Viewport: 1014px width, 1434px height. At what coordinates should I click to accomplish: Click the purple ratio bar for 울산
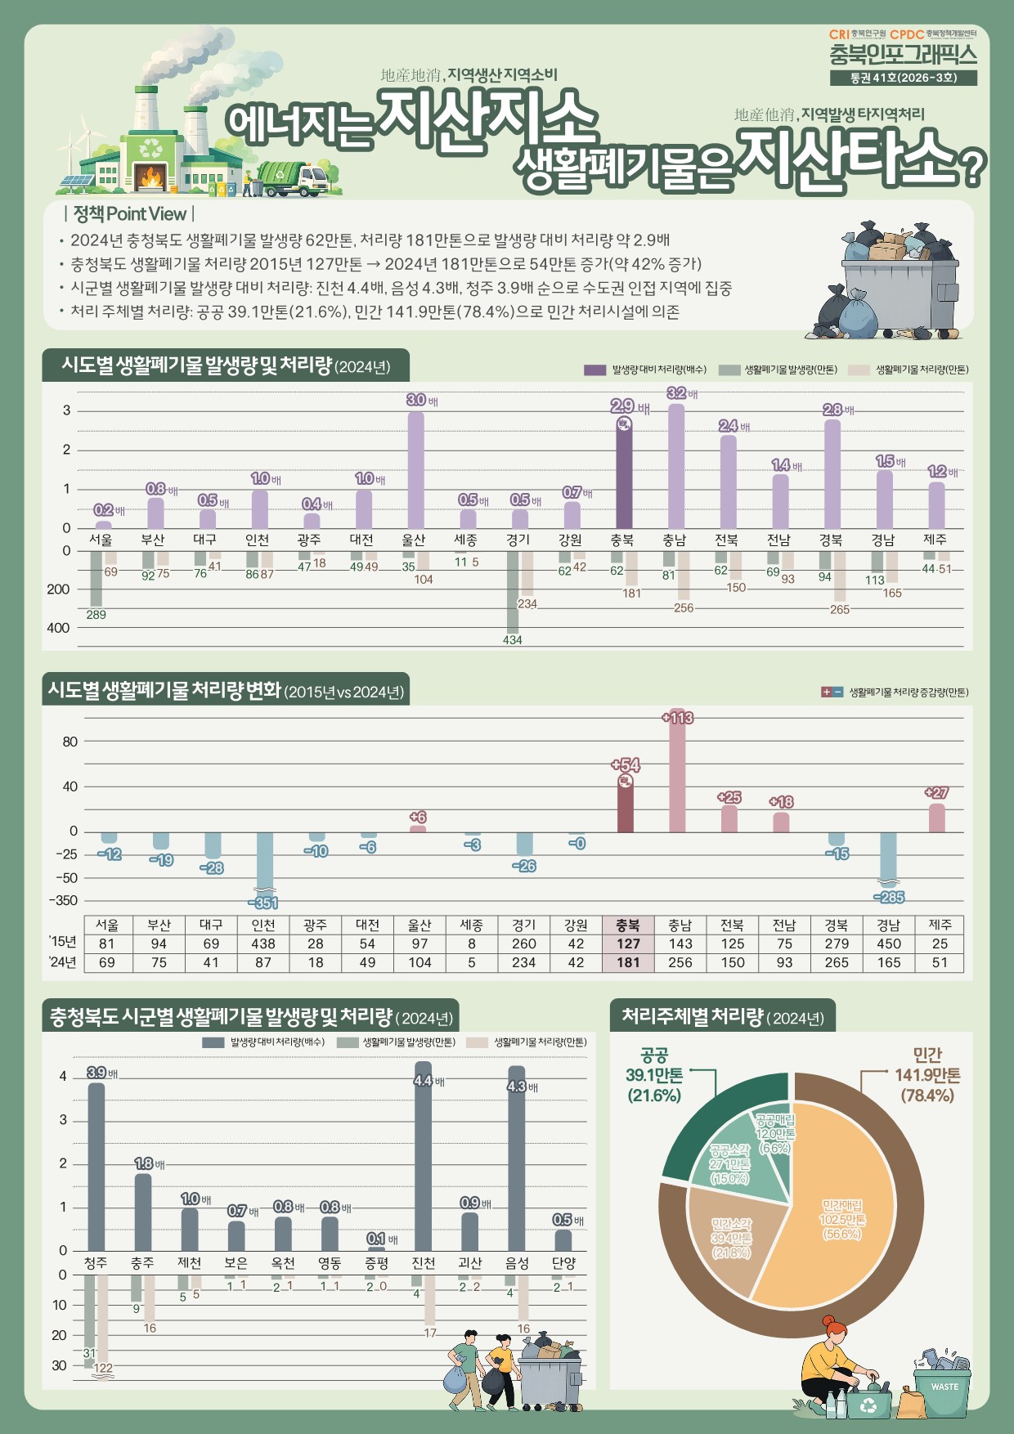415,470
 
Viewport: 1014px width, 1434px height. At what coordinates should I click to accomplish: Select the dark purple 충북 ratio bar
624,474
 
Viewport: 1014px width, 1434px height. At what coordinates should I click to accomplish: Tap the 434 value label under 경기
513,640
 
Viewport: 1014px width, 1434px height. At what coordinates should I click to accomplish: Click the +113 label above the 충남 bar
677,718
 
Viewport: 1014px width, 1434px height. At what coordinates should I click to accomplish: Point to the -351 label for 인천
263,903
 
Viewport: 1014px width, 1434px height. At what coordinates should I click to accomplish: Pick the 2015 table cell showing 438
263,943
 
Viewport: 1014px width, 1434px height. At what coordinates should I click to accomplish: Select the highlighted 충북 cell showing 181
628,962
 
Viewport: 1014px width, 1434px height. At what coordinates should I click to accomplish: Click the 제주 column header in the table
940,925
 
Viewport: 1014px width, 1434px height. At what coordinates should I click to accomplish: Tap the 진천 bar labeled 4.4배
424,1156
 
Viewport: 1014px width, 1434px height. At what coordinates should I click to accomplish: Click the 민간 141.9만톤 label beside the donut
927,1075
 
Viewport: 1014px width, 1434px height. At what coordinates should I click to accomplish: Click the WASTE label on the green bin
944,1387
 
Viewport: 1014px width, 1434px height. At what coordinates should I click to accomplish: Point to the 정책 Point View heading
129,214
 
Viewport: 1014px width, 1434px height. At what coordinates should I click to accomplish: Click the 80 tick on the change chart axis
70,742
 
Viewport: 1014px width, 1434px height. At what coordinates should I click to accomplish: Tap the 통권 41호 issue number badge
903,78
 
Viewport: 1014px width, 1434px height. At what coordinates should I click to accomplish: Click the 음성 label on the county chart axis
517,1263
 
